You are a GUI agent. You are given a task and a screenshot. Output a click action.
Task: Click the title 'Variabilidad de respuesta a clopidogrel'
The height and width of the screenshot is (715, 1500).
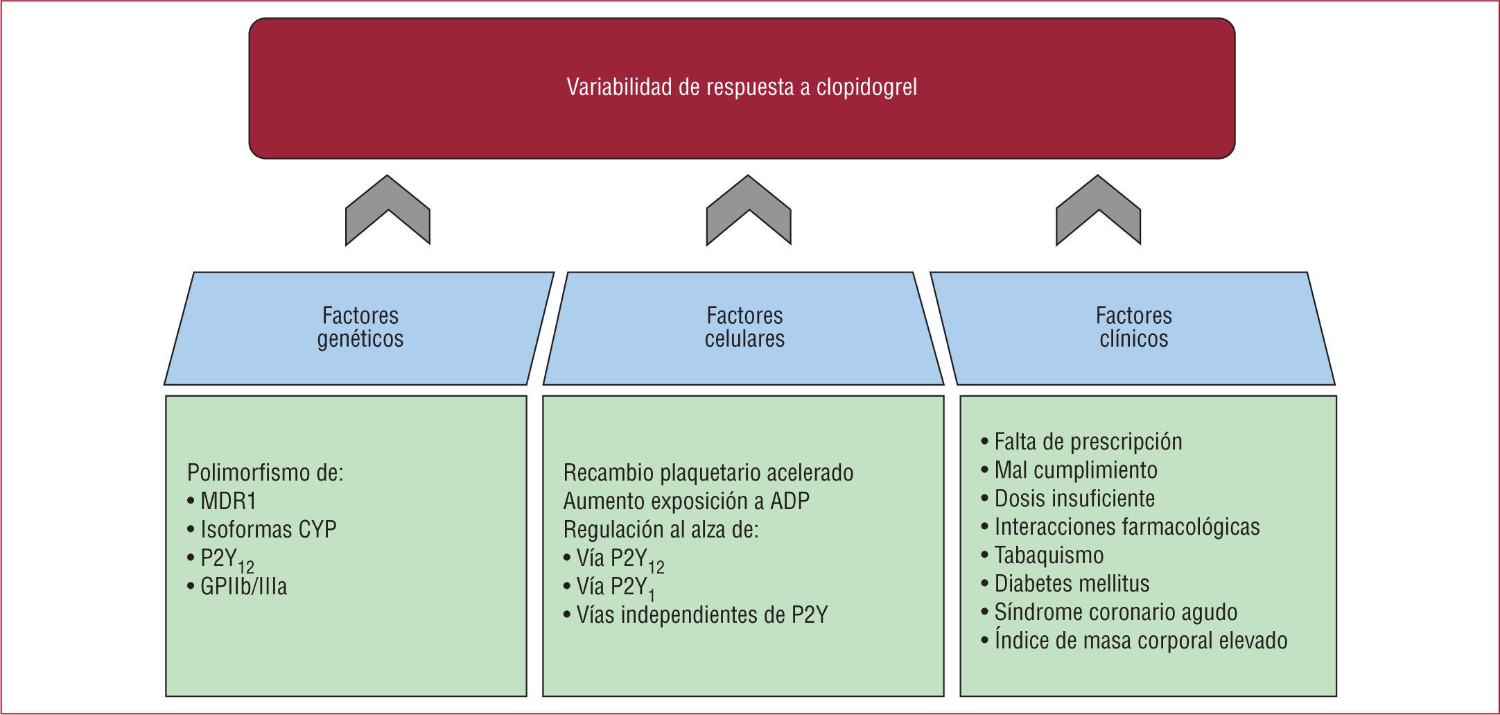coord(742,87)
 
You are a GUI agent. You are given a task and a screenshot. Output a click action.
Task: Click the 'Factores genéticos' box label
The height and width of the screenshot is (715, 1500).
coord(360,327)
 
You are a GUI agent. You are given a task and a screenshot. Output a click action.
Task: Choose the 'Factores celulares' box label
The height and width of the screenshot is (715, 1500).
coord(744,327)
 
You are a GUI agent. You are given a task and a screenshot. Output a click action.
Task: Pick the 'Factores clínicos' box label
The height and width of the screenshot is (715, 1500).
coord(1133,327)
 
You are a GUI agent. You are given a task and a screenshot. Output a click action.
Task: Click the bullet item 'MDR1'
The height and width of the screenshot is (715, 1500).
coord(228,501)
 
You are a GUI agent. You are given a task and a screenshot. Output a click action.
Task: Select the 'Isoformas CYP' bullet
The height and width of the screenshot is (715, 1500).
coord(268,530)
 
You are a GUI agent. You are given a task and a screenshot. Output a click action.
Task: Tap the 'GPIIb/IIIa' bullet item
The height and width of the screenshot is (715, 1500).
coord(243,587)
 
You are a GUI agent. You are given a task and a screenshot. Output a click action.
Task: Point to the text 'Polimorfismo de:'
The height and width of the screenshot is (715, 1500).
coord(265,473)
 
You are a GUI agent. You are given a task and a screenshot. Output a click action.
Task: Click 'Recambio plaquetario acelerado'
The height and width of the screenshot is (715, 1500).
coord(708,473)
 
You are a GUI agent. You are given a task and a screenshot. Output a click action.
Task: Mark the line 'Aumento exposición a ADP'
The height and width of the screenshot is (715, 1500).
coord(686,501)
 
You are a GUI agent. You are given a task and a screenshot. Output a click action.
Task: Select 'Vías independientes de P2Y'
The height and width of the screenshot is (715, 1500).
coord(701,615)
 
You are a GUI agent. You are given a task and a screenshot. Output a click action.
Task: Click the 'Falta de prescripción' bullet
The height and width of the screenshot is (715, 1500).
coord(1088,442)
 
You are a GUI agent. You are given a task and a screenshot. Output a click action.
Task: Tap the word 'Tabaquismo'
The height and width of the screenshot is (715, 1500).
coord(1049,555)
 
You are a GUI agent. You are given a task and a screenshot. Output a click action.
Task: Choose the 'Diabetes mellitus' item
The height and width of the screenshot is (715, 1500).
coord(1072,584)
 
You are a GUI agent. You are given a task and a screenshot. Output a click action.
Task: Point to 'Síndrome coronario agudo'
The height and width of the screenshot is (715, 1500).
coord(1115,612)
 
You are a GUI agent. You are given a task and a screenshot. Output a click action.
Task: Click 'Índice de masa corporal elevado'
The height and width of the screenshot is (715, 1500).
coord(1140,641)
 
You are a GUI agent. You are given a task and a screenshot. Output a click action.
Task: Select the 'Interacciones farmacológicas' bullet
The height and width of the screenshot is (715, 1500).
coord(1126,527)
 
